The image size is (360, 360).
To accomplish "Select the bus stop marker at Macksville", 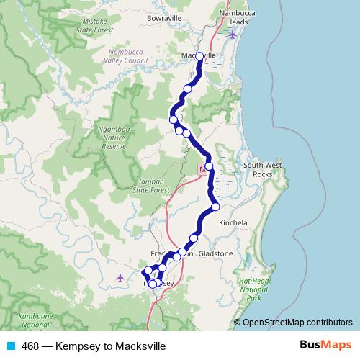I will pyautogui.click(x=199, y=55).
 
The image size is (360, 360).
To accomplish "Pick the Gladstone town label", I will pyautogui.click(x=217, y=254).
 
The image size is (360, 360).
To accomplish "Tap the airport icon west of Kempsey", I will pyautogui.click(x=120, y=277).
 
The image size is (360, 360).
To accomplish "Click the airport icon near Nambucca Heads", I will pyautogui.click(x=231, y=35).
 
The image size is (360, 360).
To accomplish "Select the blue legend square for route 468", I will pyautogui.click(x=11, y=346).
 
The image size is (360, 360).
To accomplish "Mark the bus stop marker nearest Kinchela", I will pyautogui.click(x=215, y=208).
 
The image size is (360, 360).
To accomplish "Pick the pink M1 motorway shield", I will pyautogui.click(x=202, y=168).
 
